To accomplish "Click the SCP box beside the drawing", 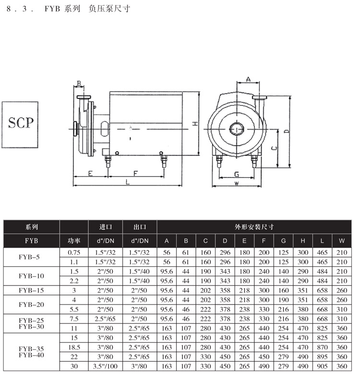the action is point(20,124).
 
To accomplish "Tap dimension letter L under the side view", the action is point(128,182).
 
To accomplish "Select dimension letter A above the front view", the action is point(248,79).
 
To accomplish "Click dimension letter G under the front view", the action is point(237,174).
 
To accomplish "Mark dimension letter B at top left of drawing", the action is point(79,83).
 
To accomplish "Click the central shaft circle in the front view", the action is point(237,129).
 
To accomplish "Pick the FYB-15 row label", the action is point(31,290).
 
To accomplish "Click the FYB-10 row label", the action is point(31,276).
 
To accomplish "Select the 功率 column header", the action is point(74,241).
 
